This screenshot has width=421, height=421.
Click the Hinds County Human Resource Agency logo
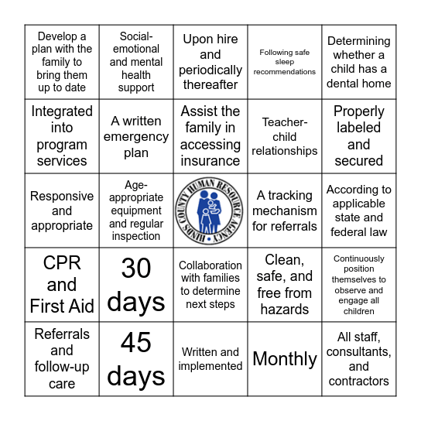210,210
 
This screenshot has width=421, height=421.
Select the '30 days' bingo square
136,285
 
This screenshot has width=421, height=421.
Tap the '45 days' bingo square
136,359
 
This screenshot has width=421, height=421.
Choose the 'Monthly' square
285,359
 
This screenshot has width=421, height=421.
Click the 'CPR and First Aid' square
62,285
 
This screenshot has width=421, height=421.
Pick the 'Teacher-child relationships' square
285,136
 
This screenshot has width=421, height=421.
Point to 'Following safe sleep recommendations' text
285,62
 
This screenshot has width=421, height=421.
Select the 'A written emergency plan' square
136,136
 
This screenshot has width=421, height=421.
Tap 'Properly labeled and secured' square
358,136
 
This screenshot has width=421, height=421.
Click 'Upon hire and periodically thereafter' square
210,62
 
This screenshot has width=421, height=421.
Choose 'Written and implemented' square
210,359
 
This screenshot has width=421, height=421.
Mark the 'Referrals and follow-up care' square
62,359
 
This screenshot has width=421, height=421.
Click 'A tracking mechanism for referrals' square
285,210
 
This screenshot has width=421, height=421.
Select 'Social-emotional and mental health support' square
136,62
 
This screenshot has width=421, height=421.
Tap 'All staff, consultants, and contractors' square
358,359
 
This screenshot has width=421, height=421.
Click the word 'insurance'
210,161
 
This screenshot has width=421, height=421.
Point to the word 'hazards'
285,310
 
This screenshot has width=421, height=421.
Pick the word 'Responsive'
62,197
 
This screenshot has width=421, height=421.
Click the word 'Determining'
358,41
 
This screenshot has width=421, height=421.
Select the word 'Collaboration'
210,265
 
